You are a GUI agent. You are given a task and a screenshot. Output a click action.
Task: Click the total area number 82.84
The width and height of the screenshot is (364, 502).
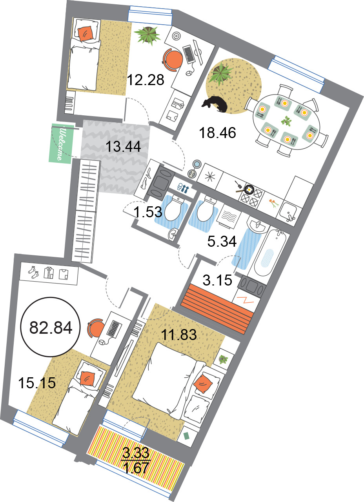[51, 327]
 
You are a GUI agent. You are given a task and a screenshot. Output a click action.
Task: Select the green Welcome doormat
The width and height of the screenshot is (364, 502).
[61, 144]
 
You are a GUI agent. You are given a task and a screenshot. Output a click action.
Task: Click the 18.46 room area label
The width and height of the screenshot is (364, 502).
[217, 133]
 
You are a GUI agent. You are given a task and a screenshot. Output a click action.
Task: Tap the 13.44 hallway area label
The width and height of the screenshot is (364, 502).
[123, 147]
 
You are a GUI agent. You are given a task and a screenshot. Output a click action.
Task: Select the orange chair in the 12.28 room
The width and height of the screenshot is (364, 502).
[173, 60]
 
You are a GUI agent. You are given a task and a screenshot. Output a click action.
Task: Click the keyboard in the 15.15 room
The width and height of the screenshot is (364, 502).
[114, 329]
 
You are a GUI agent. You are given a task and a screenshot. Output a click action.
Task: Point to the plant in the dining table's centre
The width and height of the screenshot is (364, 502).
[286, 121]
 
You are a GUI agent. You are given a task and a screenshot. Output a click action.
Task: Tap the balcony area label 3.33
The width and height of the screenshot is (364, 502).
[136, 453]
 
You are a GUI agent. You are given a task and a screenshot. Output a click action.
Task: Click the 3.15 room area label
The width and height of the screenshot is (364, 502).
[217, 280]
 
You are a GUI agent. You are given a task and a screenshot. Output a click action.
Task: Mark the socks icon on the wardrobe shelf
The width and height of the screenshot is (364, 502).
[34, 273]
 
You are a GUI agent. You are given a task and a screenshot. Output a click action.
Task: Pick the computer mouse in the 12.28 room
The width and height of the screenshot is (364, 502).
[189, 73]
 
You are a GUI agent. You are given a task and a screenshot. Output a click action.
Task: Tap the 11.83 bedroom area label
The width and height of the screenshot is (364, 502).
[178, 335]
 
